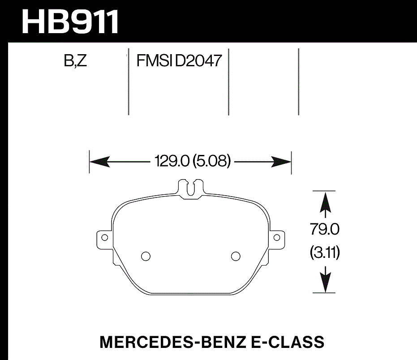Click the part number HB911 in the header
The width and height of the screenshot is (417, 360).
[x=71, y=21]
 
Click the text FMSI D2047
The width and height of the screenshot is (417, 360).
[x=179, y=61]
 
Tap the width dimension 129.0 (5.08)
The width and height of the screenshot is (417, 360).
[x=192, y=161]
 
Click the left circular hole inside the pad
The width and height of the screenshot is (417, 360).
[x=145, y=256]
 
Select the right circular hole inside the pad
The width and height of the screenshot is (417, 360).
[x=235, y=256]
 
